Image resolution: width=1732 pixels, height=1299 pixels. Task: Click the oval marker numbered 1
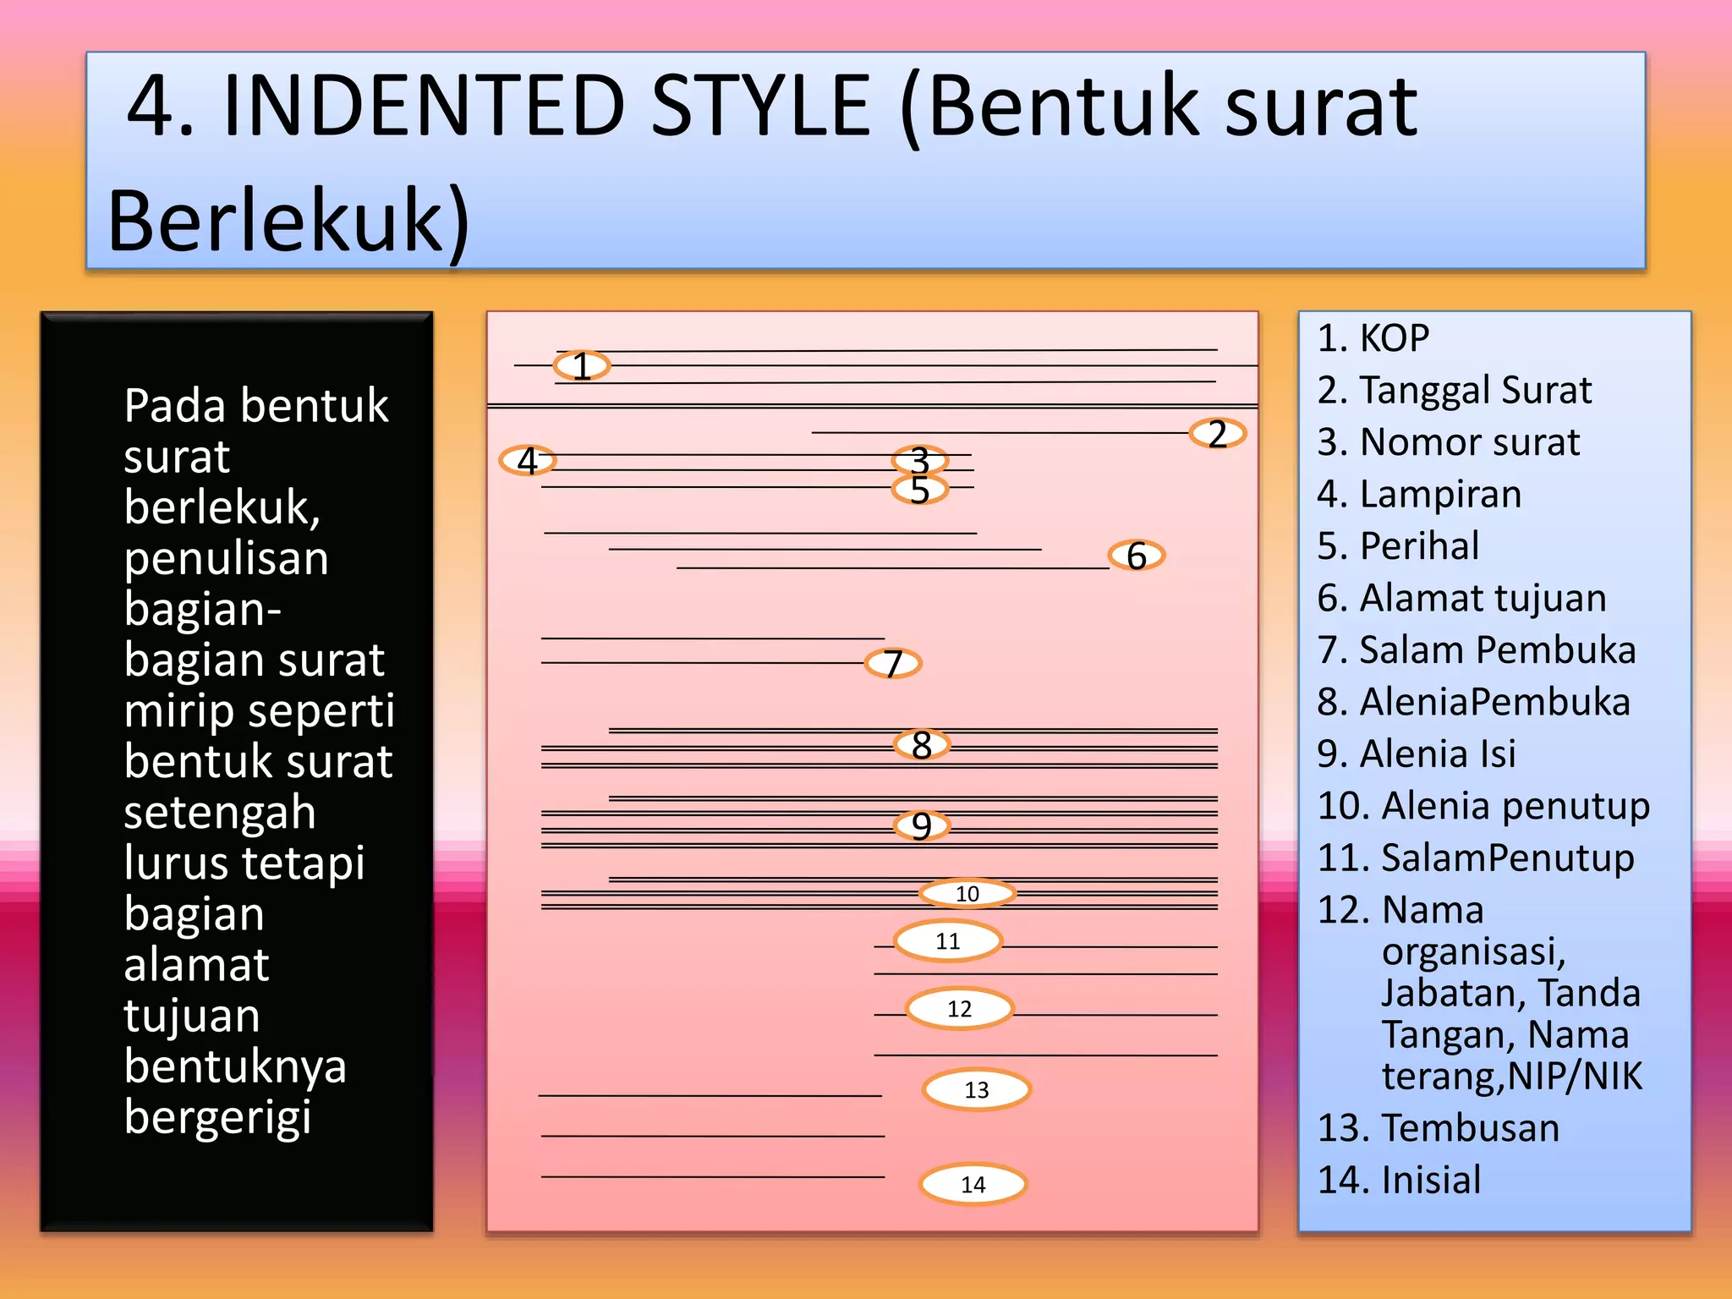coord(581,366)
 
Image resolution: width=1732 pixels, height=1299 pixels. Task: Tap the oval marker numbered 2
coord(1217,434)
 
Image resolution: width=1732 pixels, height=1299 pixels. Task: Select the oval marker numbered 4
coord(527,461)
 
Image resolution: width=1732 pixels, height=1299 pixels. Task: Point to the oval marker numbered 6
coord(1136,556)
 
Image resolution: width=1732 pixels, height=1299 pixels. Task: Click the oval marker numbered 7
coord(892,664)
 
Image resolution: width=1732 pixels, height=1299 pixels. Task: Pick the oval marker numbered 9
coord(922,825)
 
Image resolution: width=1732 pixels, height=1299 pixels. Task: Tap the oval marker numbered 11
coord(948,941)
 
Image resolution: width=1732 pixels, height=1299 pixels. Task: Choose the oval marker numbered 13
coord(976,1090)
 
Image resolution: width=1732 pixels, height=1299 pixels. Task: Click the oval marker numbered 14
coord(973,1184)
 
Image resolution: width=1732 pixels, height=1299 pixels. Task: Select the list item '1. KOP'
coord(1373,338)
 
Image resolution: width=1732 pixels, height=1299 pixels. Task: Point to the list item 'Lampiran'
coord(1440,495)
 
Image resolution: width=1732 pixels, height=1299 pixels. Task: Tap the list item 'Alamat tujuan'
coord(1482,599)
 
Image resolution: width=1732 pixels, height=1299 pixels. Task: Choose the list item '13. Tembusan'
coord(1439,1128)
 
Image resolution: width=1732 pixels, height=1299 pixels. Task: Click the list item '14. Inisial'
coord(1400,1181)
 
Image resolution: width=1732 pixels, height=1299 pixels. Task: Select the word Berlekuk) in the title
coord(288,222)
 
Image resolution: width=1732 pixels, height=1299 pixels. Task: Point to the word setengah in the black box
coord(220,813)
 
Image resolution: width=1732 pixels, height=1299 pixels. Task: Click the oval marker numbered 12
coord(959,1009)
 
